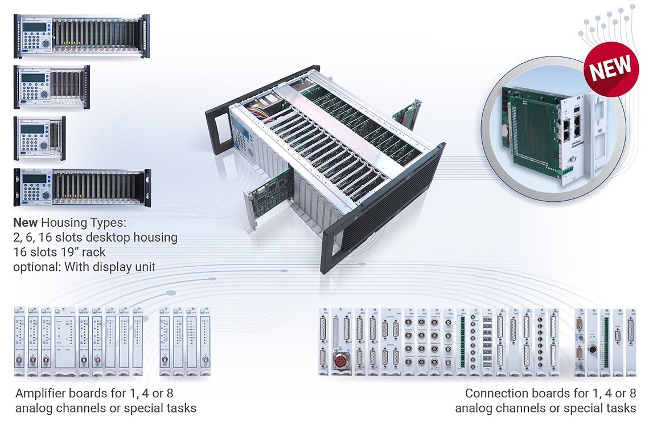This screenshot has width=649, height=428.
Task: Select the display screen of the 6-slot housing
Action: [32, 78]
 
